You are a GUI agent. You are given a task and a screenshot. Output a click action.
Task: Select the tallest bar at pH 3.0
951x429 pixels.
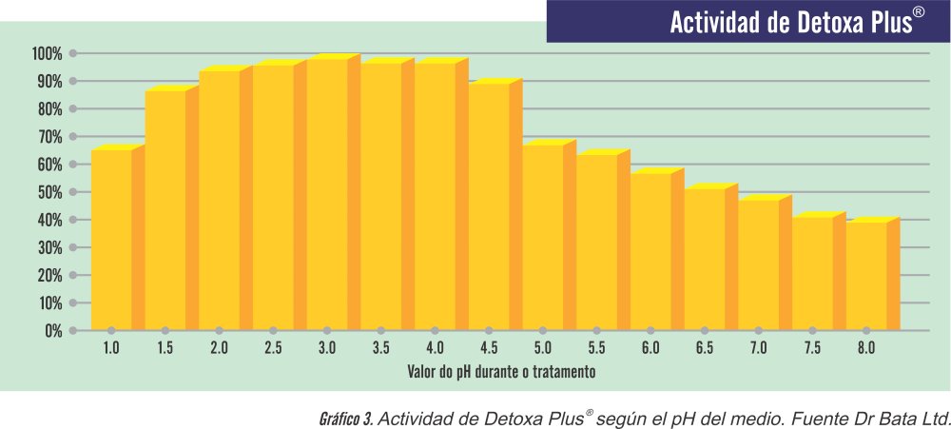coord(327,195)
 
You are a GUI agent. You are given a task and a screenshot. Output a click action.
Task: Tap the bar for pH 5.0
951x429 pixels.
coord(543,238)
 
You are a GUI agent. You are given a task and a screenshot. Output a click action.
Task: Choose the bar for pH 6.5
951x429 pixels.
coord(705,259)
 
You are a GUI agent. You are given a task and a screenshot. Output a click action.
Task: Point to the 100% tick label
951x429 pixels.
coord(47,53)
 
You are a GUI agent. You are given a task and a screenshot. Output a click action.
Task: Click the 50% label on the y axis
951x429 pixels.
coord(49,192)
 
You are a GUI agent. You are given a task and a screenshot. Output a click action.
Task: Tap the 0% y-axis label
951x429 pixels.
coord(53,331)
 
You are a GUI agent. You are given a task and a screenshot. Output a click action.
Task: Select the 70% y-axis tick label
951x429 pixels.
coord(49,137)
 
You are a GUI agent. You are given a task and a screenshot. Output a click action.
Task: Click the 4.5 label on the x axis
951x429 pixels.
coord(489,348)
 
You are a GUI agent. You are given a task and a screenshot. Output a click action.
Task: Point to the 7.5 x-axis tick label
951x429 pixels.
coord(812,348)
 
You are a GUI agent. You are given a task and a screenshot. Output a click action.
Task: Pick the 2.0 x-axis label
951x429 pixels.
coord(219,348)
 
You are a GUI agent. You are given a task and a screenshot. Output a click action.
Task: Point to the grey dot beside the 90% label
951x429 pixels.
coord(73,81)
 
